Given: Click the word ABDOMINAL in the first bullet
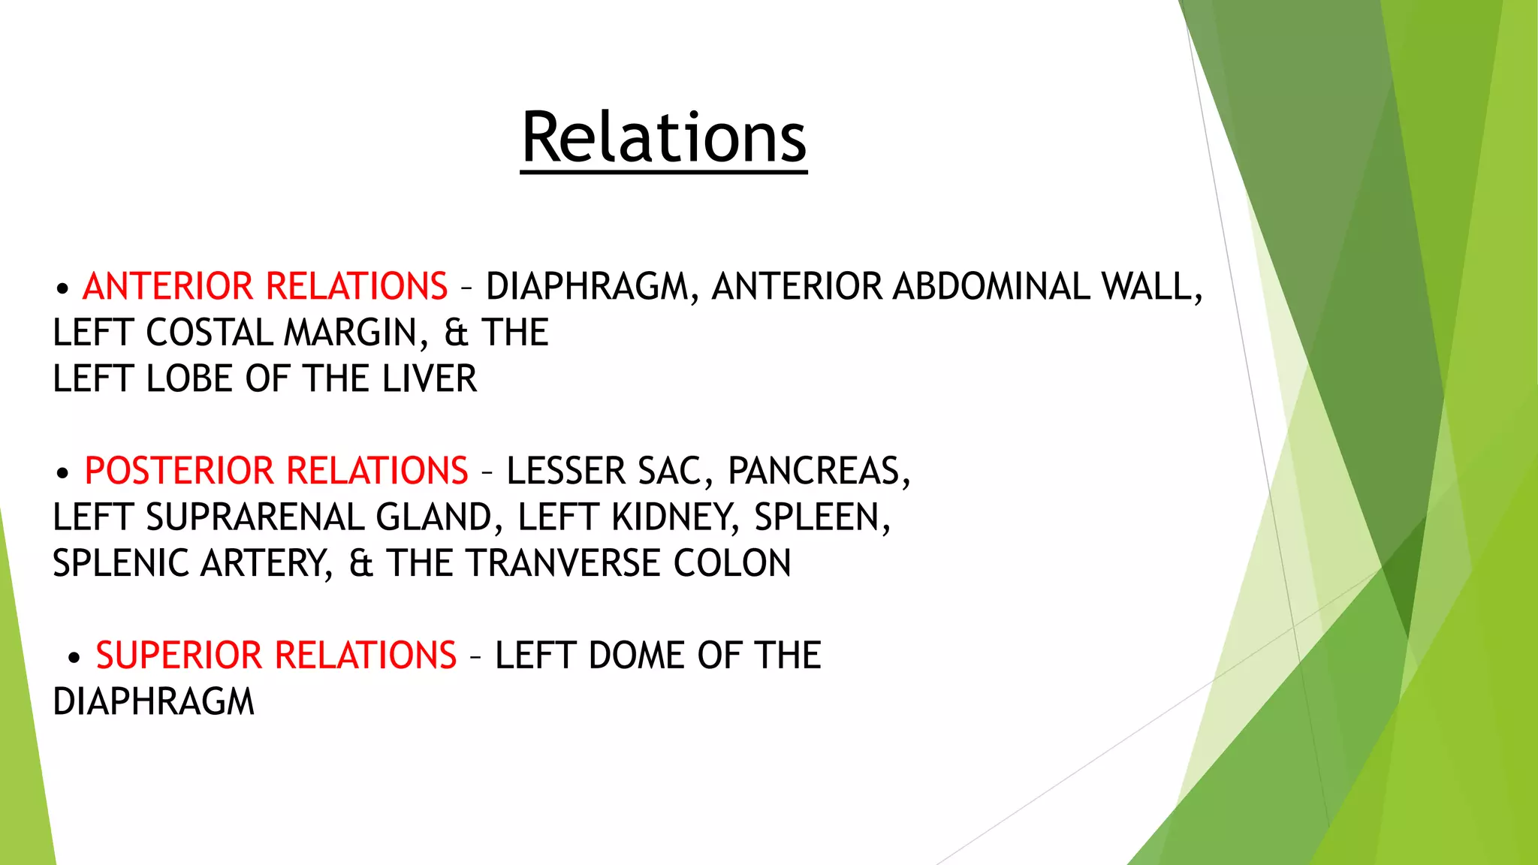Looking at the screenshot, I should (x=991, y=287).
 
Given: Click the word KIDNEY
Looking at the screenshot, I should (x=671, y=518).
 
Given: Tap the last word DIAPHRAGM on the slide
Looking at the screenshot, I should (x=154, y=703).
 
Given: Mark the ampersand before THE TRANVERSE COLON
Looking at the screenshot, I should (x=360, y=564).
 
